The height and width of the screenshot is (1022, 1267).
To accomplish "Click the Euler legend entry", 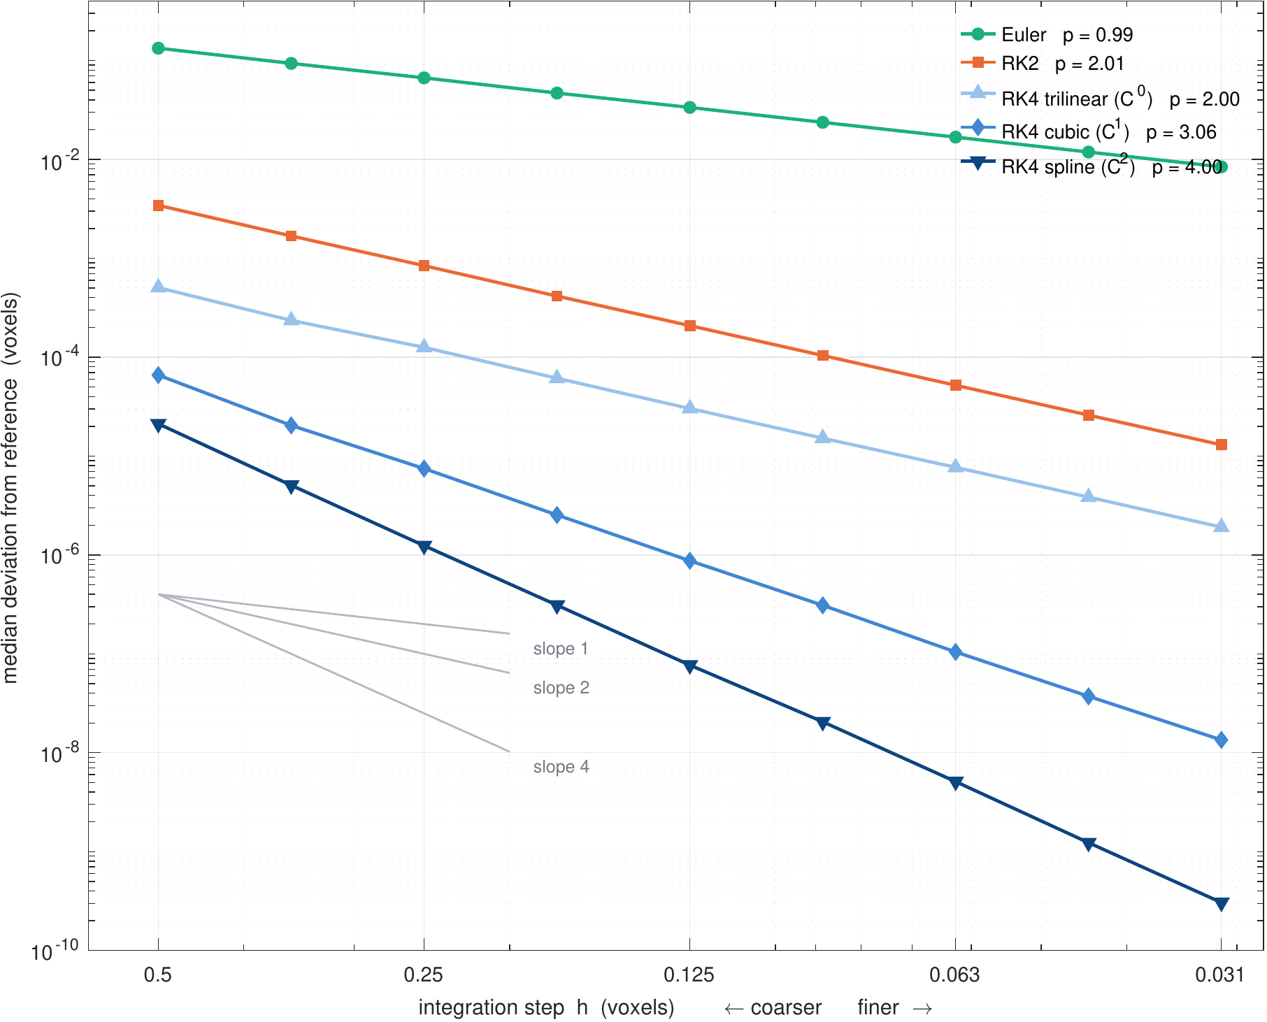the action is click(1047, 34).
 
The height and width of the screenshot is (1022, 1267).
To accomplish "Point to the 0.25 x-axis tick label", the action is click(424, 974).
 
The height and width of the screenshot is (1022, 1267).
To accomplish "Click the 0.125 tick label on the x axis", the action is click(689, 974).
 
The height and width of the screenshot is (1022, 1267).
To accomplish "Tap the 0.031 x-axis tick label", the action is click(1221, 974).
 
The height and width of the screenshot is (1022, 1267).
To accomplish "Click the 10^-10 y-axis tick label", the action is click(56, 951).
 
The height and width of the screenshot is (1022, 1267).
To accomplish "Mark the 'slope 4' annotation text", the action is click(561, 767).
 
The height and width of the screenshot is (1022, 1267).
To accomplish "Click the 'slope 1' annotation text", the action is click(561, 649).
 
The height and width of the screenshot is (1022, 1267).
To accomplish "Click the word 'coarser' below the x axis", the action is click(786, 1007).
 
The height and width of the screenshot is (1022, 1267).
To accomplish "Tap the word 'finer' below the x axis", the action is click(878, 1007).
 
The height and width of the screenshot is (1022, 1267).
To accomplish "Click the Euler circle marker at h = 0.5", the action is click(158, 48).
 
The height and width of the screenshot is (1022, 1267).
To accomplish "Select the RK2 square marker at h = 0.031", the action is click(1221, 445).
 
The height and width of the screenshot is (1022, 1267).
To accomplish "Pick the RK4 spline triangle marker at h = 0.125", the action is click(689, 667).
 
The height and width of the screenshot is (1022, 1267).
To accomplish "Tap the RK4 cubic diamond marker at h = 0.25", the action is click(424, 468).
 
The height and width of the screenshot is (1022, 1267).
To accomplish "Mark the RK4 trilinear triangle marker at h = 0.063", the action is click(955, 466).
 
